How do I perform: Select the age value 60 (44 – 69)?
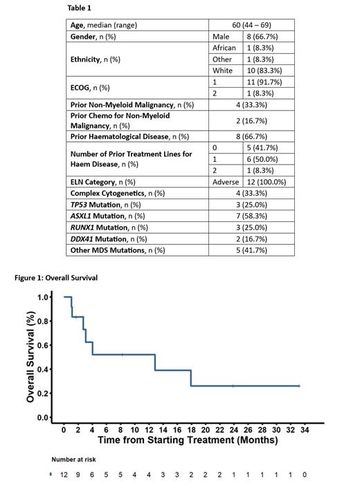[252, 25]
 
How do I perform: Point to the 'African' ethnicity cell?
[224, 48]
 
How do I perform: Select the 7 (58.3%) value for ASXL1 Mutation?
[252, 216]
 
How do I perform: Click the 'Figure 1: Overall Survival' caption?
[57, 277]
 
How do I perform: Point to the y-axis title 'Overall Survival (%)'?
[30, 358]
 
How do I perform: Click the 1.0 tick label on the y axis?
[43, 298]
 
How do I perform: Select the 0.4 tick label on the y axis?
[43, 369]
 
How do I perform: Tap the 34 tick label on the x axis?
[305, 430]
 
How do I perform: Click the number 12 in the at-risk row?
[64, 475]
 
